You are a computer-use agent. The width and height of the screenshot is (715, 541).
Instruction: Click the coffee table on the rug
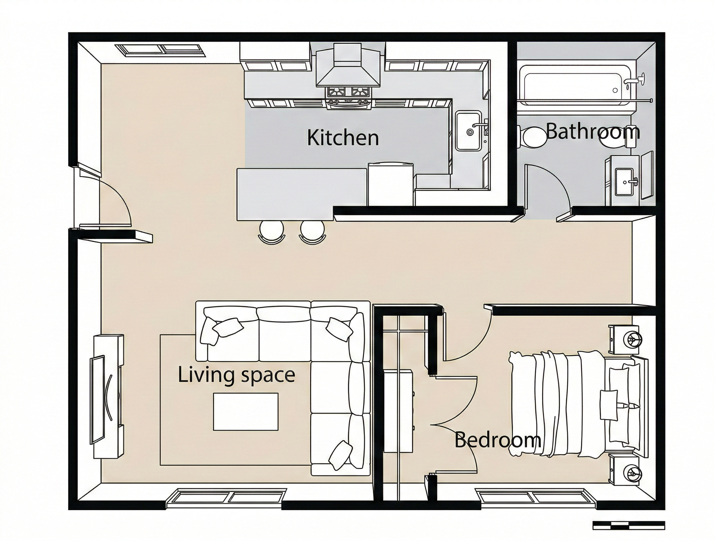pos(246,412)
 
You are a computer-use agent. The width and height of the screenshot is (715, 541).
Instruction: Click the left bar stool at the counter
pos(272,232)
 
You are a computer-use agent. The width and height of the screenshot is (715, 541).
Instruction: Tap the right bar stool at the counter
pos(313,232)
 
